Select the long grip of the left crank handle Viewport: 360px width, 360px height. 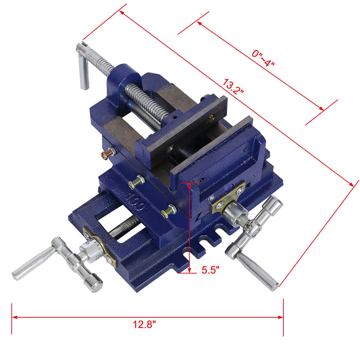tap(32, 263)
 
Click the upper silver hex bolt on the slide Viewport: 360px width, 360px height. tap(136, 182)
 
